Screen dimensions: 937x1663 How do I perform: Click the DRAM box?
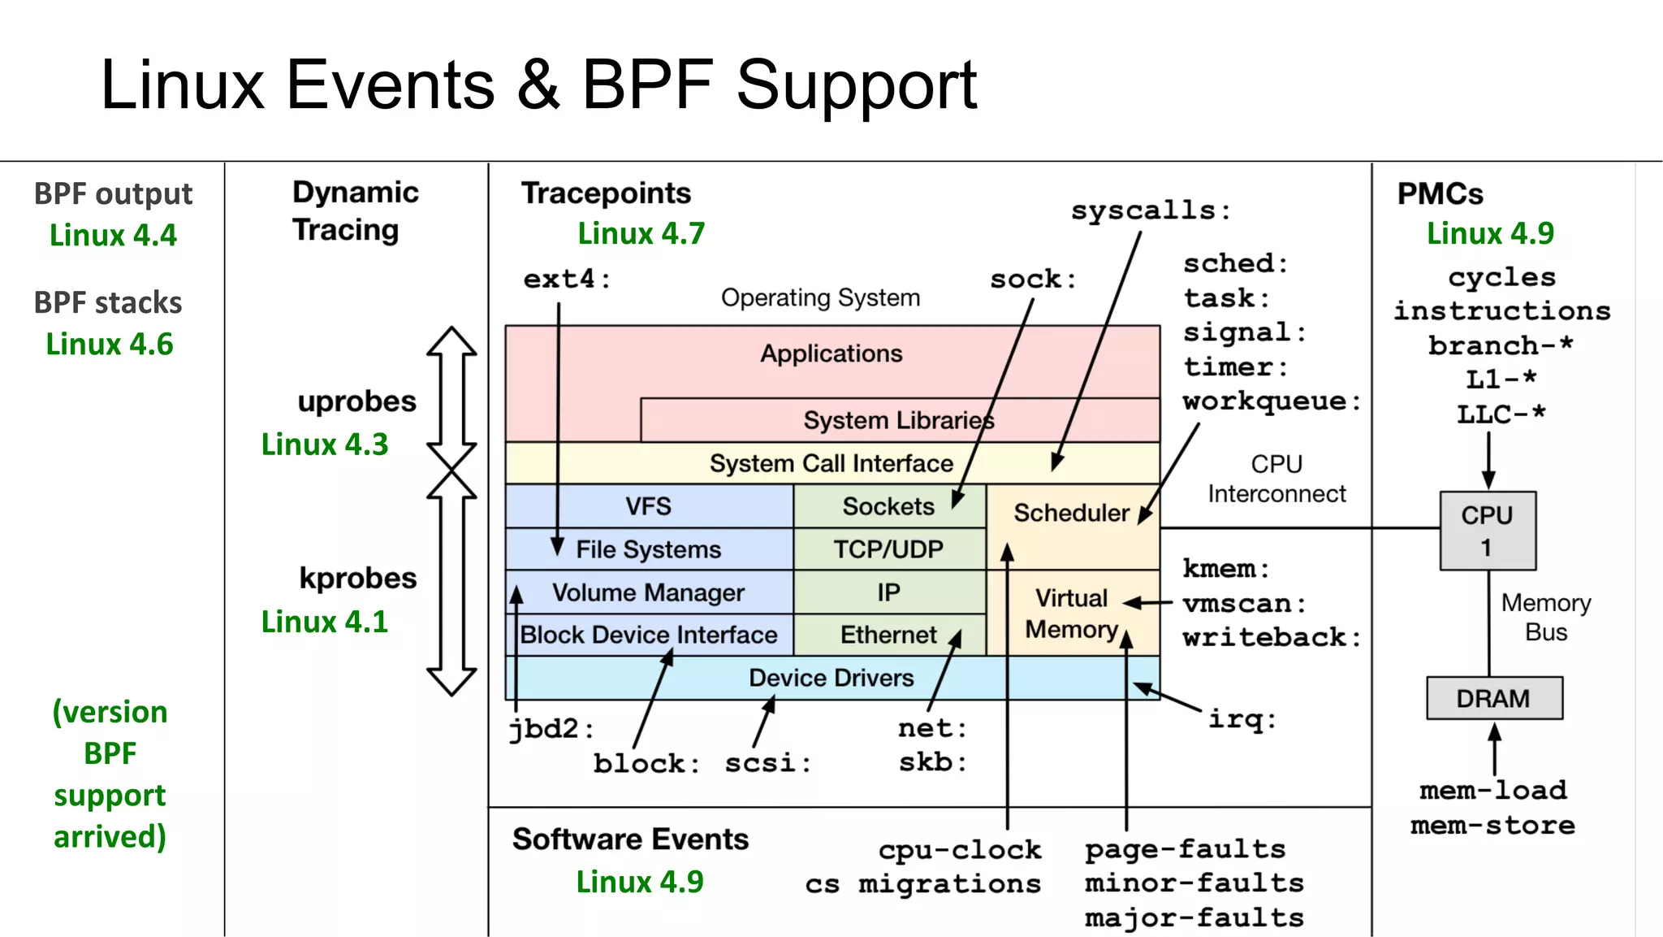(x=1494, y=698)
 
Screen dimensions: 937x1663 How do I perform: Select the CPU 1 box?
(x=1488, y=530)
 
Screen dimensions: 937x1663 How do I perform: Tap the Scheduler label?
(x=1071, y=513)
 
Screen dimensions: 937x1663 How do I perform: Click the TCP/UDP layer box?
(x=888, y=549)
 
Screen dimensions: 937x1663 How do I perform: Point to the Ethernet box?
(x=888, y=635)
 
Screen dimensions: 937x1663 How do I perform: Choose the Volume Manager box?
(x=648, y=592)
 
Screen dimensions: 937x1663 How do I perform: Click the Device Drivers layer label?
(x=831, y=678)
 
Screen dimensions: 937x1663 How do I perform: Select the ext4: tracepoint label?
(x=566, y=279)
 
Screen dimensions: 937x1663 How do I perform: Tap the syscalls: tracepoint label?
(x=1150, y=210)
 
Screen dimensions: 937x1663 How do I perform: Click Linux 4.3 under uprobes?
(x=325, y=445)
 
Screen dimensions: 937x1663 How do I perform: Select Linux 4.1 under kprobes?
(x=325, y=622)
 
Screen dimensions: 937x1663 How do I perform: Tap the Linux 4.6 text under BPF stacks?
(x=110, y=344)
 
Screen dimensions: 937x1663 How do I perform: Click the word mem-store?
(x=1492, y=826)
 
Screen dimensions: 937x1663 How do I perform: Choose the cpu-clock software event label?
(x=959, y=850)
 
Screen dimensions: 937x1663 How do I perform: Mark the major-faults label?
(x=1194, y=918)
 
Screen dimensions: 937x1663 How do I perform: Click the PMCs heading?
(x=1440, y=193)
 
